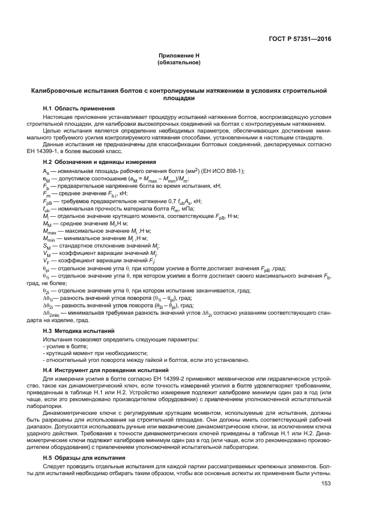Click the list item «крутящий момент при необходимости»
tap(88, 353)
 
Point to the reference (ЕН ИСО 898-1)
tap(221, 171)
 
